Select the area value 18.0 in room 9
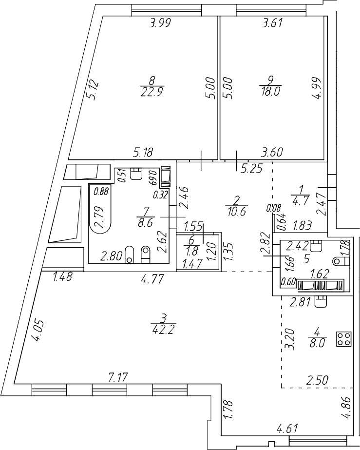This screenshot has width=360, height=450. (271, 93)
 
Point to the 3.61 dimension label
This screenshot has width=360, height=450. (272, 23)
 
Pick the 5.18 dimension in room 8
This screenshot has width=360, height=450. (142, 153)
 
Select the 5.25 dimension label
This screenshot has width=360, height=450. (252, 168)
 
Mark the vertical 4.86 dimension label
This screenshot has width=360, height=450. (347, 409)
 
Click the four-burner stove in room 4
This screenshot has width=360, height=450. (344, 339)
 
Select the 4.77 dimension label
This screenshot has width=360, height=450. (152, 280)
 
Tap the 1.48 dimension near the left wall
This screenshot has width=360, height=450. (62, 278)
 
